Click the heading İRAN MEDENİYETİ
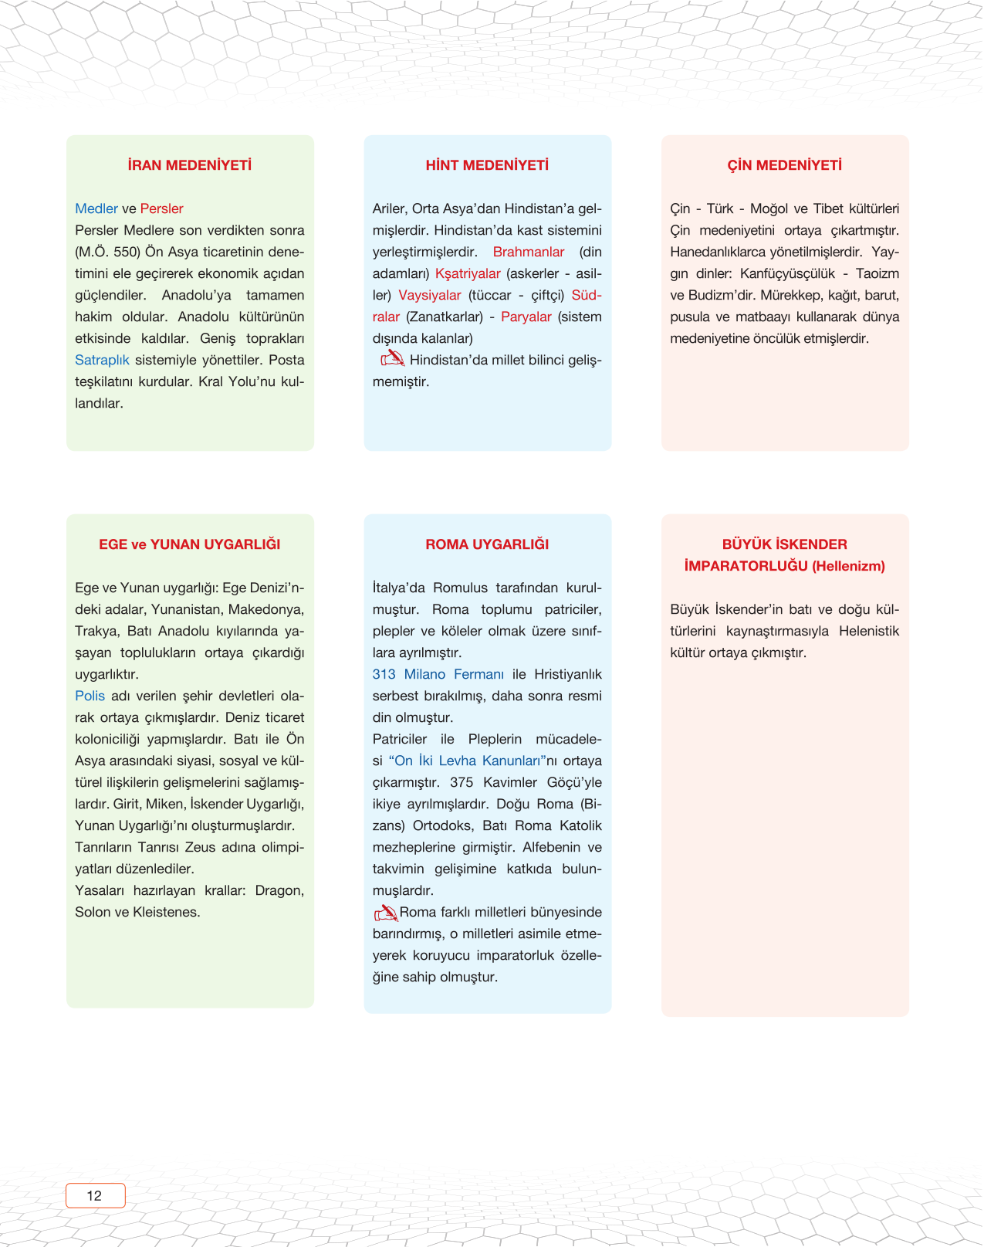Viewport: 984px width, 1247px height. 190,165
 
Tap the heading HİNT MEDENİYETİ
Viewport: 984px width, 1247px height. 487,165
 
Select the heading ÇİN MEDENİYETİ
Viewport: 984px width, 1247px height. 784,165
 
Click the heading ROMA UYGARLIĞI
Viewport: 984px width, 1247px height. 487,544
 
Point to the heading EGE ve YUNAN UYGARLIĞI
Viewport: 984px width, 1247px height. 190,544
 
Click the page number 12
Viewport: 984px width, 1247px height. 95,1195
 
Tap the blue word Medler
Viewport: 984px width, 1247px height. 96,208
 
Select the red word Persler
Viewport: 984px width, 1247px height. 161,208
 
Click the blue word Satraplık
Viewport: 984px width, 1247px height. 102,360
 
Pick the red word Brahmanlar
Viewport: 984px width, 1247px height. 529,252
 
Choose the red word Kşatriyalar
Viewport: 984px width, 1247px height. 468,273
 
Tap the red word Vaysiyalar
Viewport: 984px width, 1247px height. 430,295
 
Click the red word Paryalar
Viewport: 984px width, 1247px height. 526,317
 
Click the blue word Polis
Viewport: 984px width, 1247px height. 90,696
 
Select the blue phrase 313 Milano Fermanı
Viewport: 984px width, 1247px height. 438,674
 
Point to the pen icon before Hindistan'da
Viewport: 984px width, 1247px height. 392,358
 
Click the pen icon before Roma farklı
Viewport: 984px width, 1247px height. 386,913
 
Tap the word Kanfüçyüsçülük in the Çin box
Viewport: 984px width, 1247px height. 787,273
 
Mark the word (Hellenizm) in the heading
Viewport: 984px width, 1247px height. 848,566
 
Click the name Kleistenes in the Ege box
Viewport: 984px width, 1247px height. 167,912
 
